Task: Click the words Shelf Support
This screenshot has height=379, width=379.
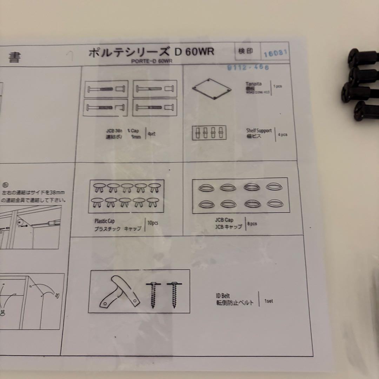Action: [x=259, y=131]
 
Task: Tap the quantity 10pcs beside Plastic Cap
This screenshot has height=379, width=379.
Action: [x=153, y=224]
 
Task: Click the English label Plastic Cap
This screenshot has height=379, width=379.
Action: [x=104, y=221]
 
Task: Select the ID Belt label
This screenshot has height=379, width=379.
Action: [x=223, y=296]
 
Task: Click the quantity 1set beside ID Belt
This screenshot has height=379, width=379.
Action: [x=268, y=301]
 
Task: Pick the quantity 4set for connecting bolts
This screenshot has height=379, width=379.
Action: [x=152, y=134]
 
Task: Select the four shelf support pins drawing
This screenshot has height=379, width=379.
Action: [x=209, y=133]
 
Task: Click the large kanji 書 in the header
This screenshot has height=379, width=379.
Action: [x=14, y=58]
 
